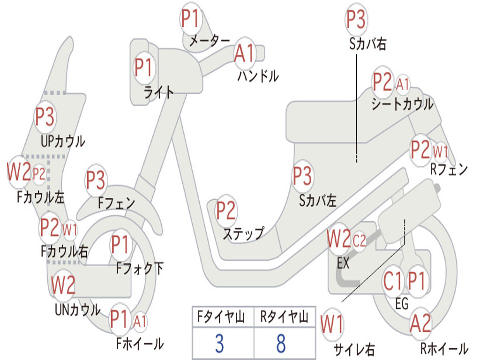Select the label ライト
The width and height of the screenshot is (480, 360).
pyautogui.click(x=158, y=92)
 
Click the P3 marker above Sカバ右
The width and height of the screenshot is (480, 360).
pyautogui.click(x=356, y=20)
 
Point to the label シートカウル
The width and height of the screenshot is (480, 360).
pyautogui.click(x=402, y=104)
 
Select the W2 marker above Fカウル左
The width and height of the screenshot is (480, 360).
pyautogui.click(x=19, y=172)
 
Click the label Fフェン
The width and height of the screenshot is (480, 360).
pyautogui.click(x=116, y=203)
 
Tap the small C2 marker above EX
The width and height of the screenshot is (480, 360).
pyautogui.click(x=359, y=241)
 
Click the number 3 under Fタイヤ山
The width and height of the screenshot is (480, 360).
pyautogui.click(x=219, y=344)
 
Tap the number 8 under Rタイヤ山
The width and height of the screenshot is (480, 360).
pyautogui.click(x=281, y=344)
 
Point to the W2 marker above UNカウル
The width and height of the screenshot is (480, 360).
pyautogui.click(x=63, y=285)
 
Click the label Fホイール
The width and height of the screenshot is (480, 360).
pyautogui.click(x=140, y=344)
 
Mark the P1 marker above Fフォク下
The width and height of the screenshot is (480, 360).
pyautogui.click(x=120, y=244)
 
